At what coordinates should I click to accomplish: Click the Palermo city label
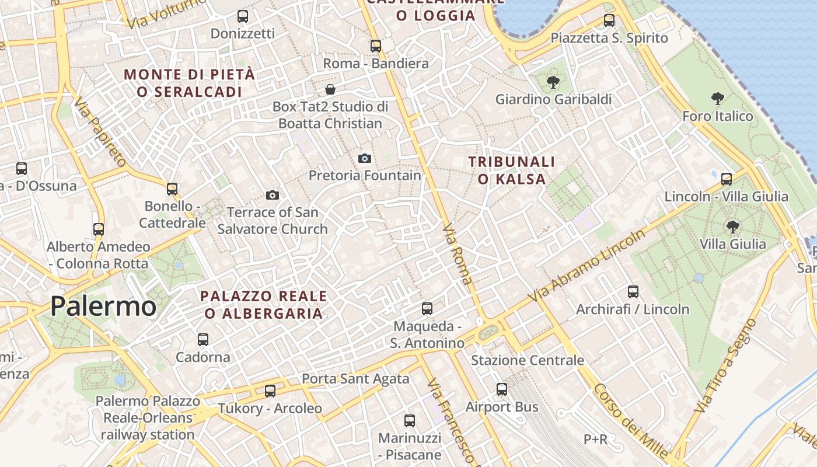103,306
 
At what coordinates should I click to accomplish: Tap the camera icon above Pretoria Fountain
365,158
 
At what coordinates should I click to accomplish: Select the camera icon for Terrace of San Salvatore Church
273,195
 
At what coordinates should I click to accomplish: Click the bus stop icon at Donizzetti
243,16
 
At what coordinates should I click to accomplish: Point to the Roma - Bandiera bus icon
376,46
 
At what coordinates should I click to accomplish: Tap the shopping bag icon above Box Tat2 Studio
330,89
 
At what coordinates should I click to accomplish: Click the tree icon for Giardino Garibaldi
553,82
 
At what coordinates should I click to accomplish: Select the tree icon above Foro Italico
718,99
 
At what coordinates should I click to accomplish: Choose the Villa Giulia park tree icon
733,226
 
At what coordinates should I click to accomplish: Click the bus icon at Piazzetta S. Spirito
609,20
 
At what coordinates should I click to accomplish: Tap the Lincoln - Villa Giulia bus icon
727,179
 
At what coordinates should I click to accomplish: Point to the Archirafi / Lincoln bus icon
633,291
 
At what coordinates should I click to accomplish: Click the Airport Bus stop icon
502,389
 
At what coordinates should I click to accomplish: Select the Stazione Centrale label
528,360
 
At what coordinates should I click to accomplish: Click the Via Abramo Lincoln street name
586,266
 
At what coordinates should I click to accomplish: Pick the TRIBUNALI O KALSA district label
512,170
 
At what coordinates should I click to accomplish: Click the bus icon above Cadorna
203,339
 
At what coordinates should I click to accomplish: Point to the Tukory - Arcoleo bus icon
270,391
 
